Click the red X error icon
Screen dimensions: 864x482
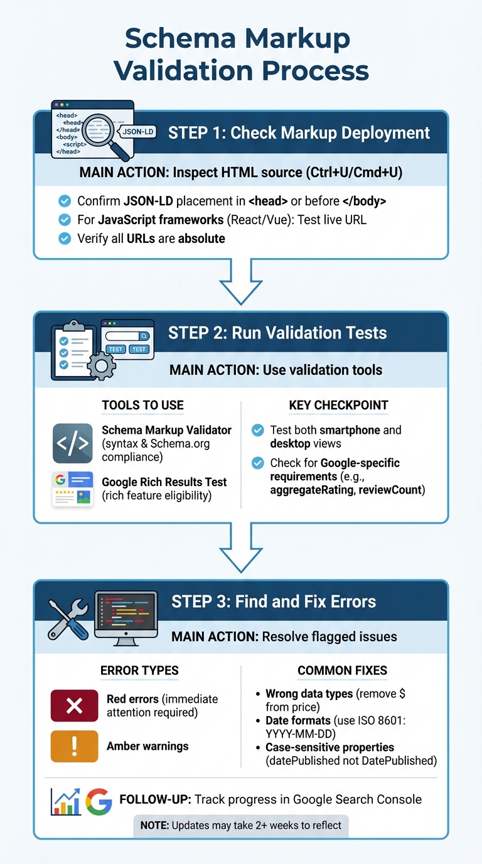(x=74, y=705)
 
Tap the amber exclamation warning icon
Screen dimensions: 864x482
(x=74, y=746)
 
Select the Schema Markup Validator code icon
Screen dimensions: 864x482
(x=72, y=443)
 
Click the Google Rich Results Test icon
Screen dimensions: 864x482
(x=72, y=489)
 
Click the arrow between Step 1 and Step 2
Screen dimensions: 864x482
(x=241, y=282)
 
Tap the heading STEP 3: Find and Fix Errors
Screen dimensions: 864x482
(x=274, y=602)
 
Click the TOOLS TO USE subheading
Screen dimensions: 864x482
(x=142, y=405)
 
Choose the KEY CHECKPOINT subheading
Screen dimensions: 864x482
(x=338, y=405)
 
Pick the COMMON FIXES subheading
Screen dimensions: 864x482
(x=342, y=671)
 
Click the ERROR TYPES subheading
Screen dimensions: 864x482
(x=139, y=671)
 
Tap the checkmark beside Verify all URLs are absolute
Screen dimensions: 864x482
(x=64, y=238)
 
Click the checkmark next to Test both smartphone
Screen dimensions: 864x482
(x=257, y=430)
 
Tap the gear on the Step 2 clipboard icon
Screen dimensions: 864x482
(x=101, y=365)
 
